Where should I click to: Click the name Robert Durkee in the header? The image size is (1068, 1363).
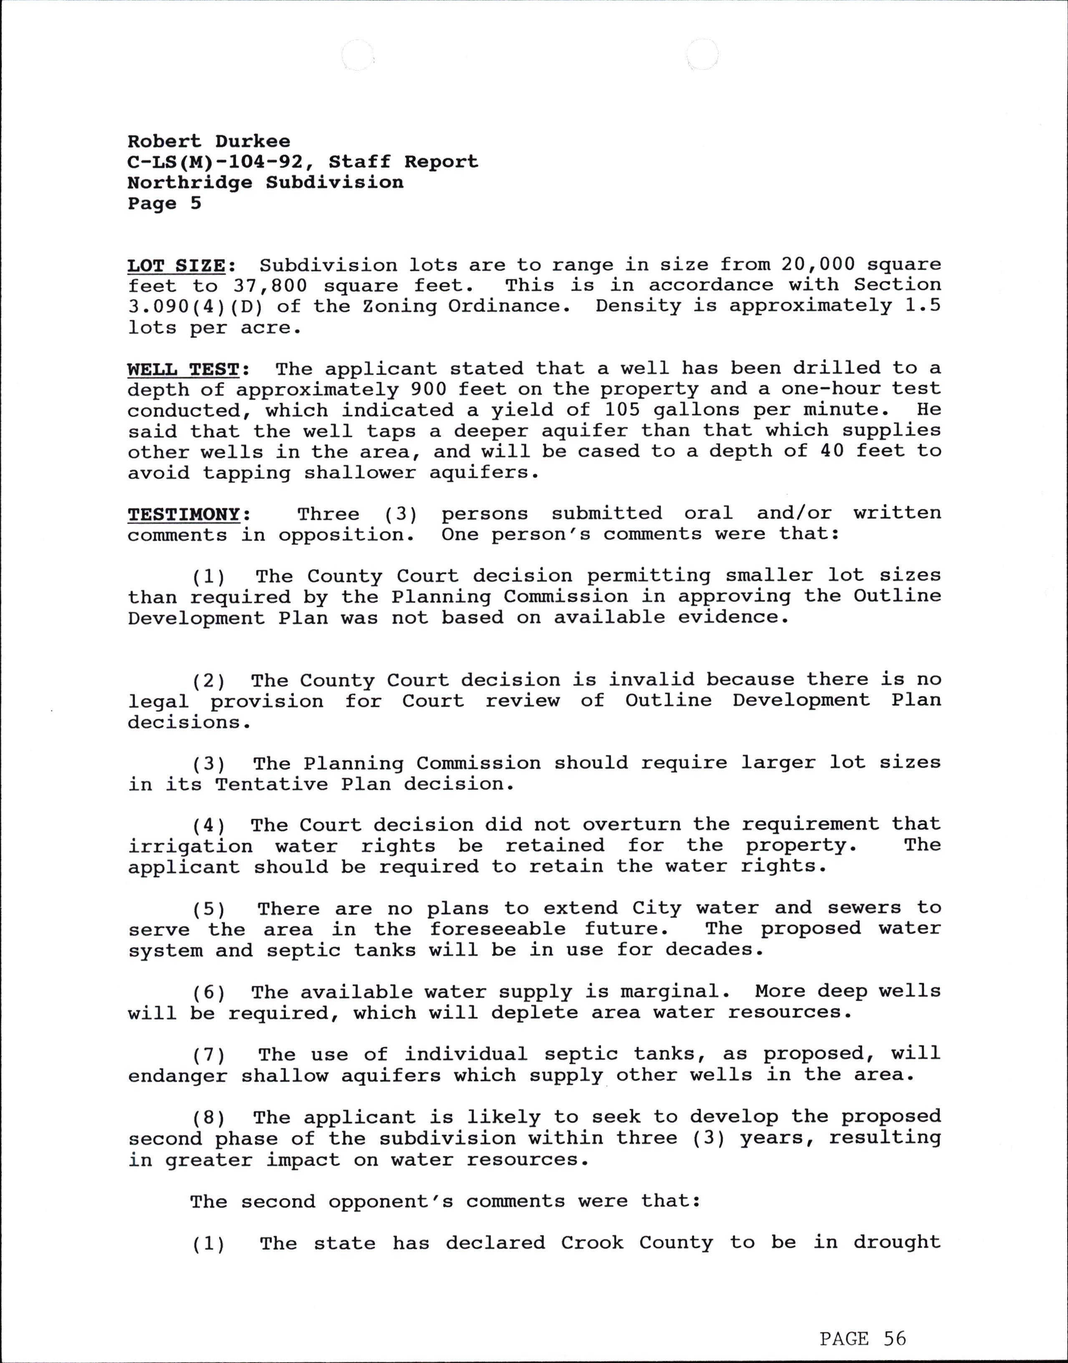[x=209, y=142]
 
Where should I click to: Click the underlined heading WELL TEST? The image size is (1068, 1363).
[x=183, y=369]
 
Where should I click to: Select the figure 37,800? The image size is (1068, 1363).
[x=271, y=286]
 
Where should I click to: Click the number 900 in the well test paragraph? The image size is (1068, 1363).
[x=428, y=389]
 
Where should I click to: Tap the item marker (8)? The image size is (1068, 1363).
[x=209, y=1117]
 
